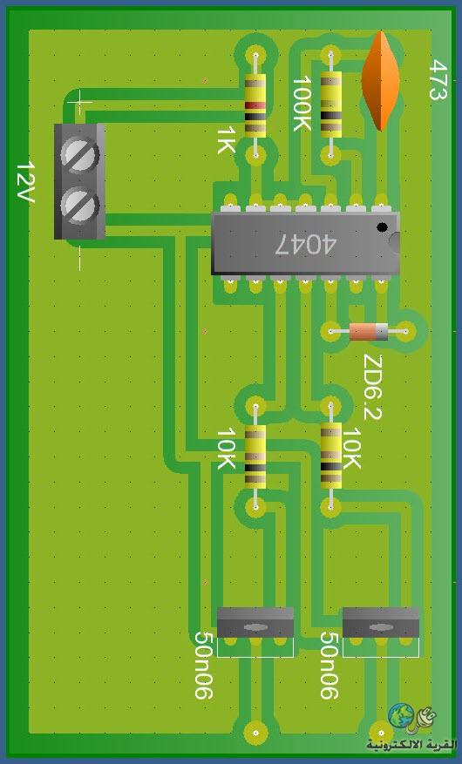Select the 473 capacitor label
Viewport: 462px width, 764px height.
[x=438, y=80]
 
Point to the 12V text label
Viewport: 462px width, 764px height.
[x=24, y=181]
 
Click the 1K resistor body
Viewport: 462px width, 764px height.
[x=255, y=105]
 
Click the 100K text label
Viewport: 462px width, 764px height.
[x=302, y=103]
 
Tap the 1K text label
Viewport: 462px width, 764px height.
[x=226, y=140]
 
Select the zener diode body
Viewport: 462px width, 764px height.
[x=369, y=332]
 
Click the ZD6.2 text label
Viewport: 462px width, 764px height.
[x=373, y=388]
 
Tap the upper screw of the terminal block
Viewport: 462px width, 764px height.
[x=79, y=156]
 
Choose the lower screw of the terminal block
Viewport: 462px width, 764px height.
[x=79, y=206]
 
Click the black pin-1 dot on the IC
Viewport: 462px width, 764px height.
[x=383, y=227]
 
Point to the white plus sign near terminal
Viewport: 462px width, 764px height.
[x=79, y=103]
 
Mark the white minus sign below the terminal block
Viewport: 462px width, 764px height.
[x=80, y=258]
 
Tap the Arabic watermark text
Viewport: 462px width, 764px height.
[x=412, y=745]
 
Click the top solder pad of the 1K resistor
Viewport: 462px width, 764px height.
[x=255, y=54]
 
